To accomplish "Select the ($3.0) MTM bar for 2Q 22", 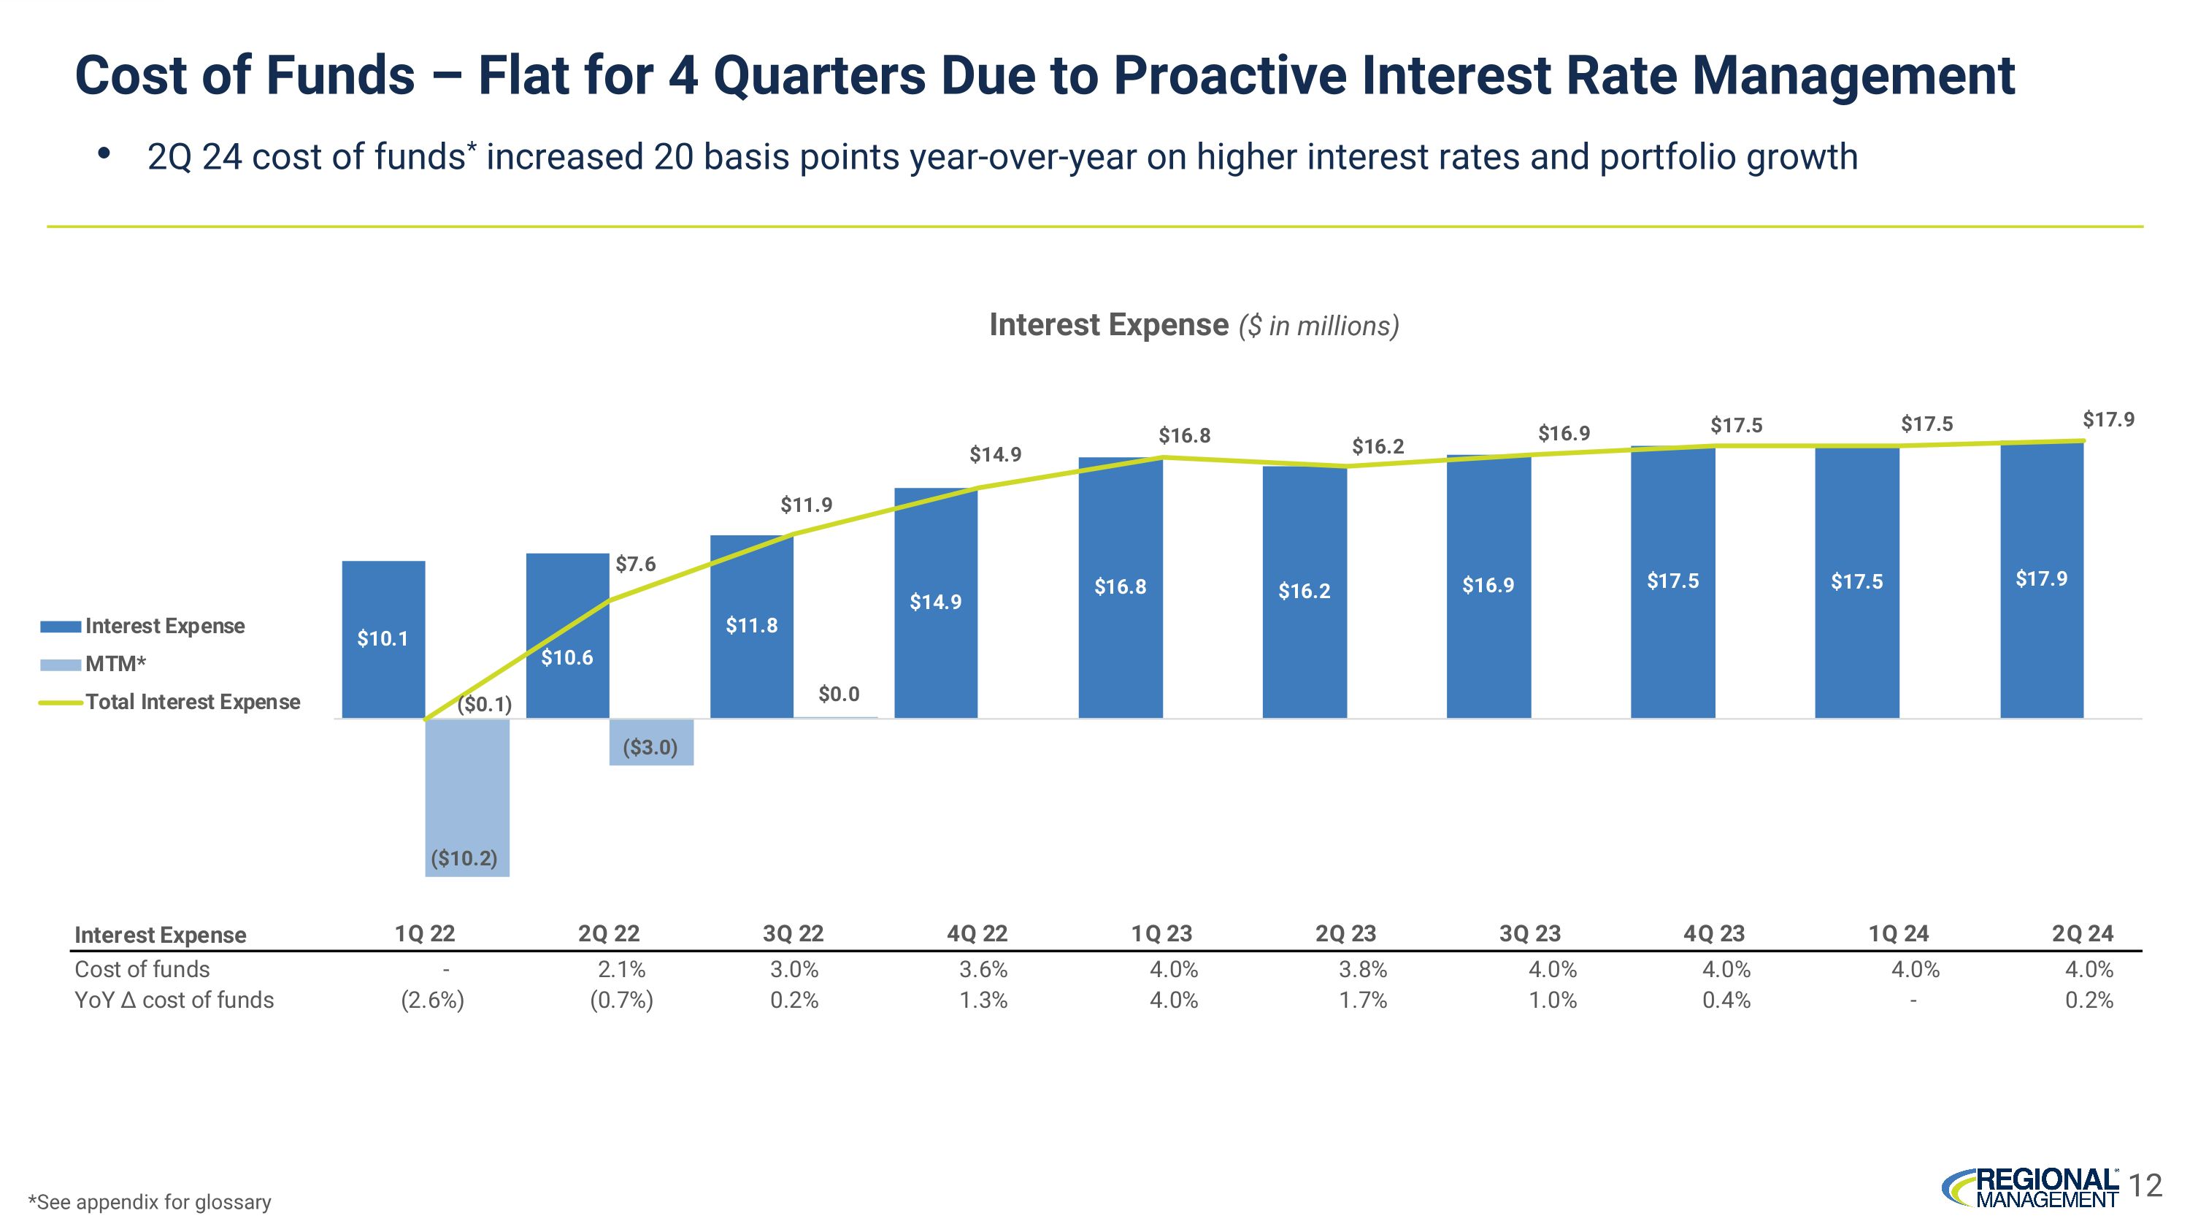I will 651,742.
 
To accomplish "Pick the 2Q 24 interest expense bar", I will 2041,580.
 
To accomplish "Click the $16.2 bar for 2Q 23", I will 1304,592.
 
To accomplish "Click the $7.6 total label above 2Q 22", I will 636,565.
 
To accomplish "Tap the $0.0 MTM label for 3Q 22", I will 838,695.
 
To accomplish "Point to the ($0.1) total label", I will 485,704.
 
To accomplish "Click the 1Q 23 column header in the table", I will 1161,933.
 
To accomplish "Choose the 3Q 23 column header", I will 1529,933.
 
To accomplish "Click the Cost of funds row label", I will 142,969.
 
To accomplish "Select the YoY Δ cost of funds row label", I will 174,1000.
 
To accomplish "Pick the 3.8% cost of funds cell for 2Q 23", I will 1363,969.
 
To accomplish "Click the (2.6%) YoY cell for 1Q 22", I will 433,1000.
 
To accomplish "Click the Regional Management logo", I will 2032,1187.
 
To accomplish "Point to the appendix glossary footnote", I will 150,1202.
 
